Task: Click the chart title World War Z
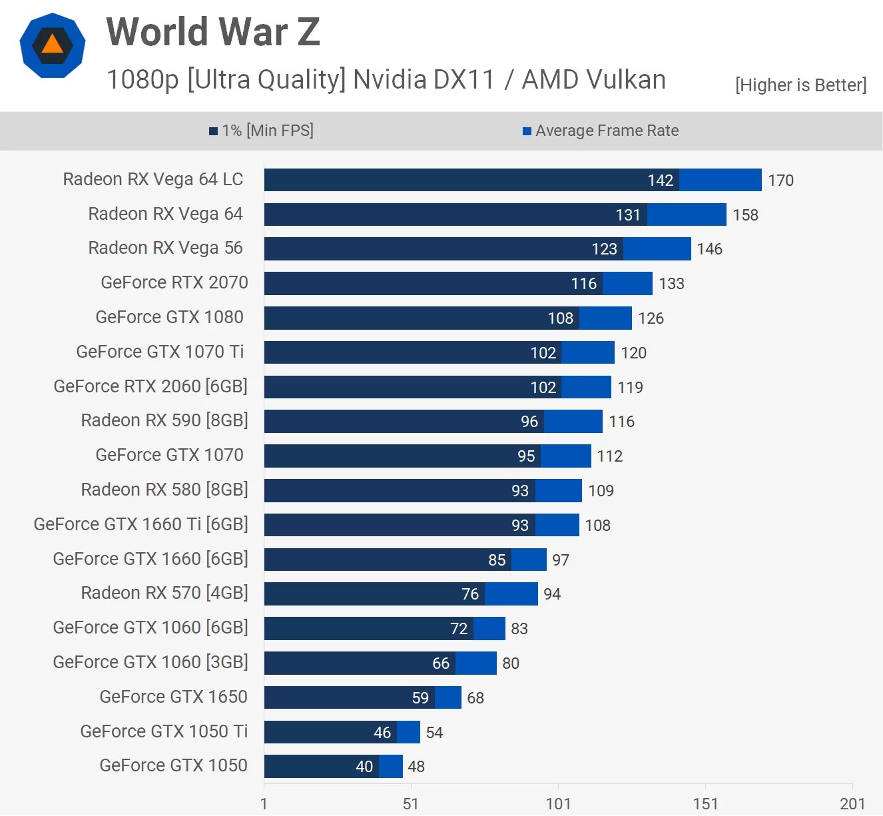(x=213, y=32)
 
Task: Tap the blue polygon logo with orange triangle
(x=53, y=45)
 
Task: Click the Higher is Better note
(x=800, y=85)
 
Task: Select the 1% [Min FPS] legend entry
(x=261, y=131)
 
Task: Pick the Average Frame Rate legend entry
(x=601, y=131)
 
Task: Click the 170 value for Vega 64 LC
(x=780, y=181)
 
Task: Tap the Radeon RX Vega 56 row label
(x=165, y=248)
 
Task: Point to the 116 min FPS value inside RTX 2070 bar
(x=583, y=284)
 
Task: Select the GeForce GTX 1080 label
(x=169, y=317)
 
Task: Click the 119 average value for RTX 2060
(x=630, y=388)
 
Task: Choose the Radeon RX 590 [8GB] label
(x=164, y=420)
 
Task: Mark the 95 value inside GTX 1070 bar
(x=526, y=456)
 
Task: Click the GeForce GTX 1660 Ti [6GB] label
(x=141, y=524)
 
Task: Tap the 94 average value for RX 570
(x=552, y=594)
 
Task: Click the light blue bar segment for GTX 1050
(x=391, y=766)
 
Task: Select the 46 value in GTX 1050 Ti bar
(x=382, y=733)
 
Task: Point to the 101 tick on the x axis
(x=558, y=804)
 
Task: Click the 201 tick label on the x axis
(x=852, y=804)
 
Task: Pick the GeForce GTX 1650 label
(x=173, y=697)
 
